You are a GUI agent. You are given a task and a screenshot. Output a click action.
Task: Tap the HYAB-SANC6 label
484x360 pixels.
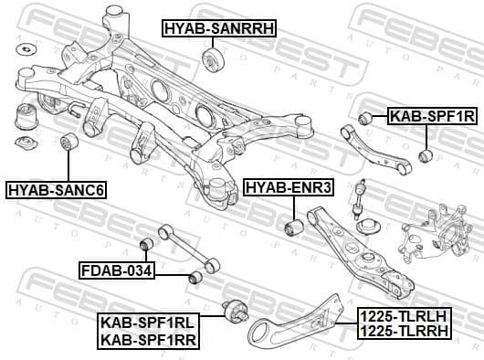(x=57, y=190)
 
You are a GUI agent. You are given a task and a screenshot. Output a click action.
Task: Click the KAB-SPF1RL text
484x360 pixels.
(x=148, y=321)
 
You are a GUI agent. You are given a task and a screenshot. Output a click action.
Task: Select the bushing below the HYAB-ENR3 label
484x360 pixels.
(x=293, y=225)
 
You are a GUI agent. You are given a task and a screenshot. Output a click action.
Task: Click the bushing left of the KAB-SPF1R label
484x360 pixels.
(x=366, y=117)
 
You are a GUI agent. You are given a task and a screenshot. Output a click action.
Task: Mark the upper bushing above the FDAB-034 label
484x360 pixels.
(x=144, y=244)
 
